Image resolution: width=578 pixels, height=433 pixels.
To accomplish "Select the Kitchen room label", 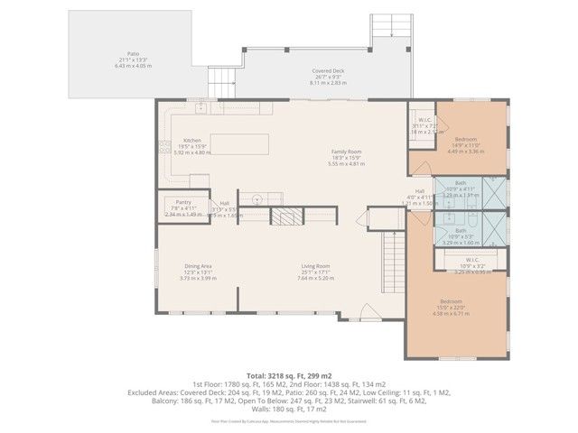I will [x=191, y=141].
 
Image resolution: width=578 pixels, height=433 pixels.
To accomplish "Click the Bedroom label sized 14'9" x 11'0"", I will [x=466, y=140].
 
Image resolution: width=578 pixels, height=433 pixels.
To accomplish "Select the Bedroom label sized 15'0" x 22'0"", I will [x=452, y=301].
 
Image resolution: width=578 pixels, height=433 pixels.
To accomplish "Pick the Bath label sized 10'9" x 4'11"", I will [x=460, y=183].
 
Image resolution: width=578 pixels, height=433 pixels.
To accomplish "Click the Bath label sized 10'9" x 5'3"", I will [x=460, y=231].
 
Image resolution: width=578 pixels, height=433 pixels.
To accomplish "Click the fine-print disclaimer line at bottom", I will [x=288, y=420].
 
